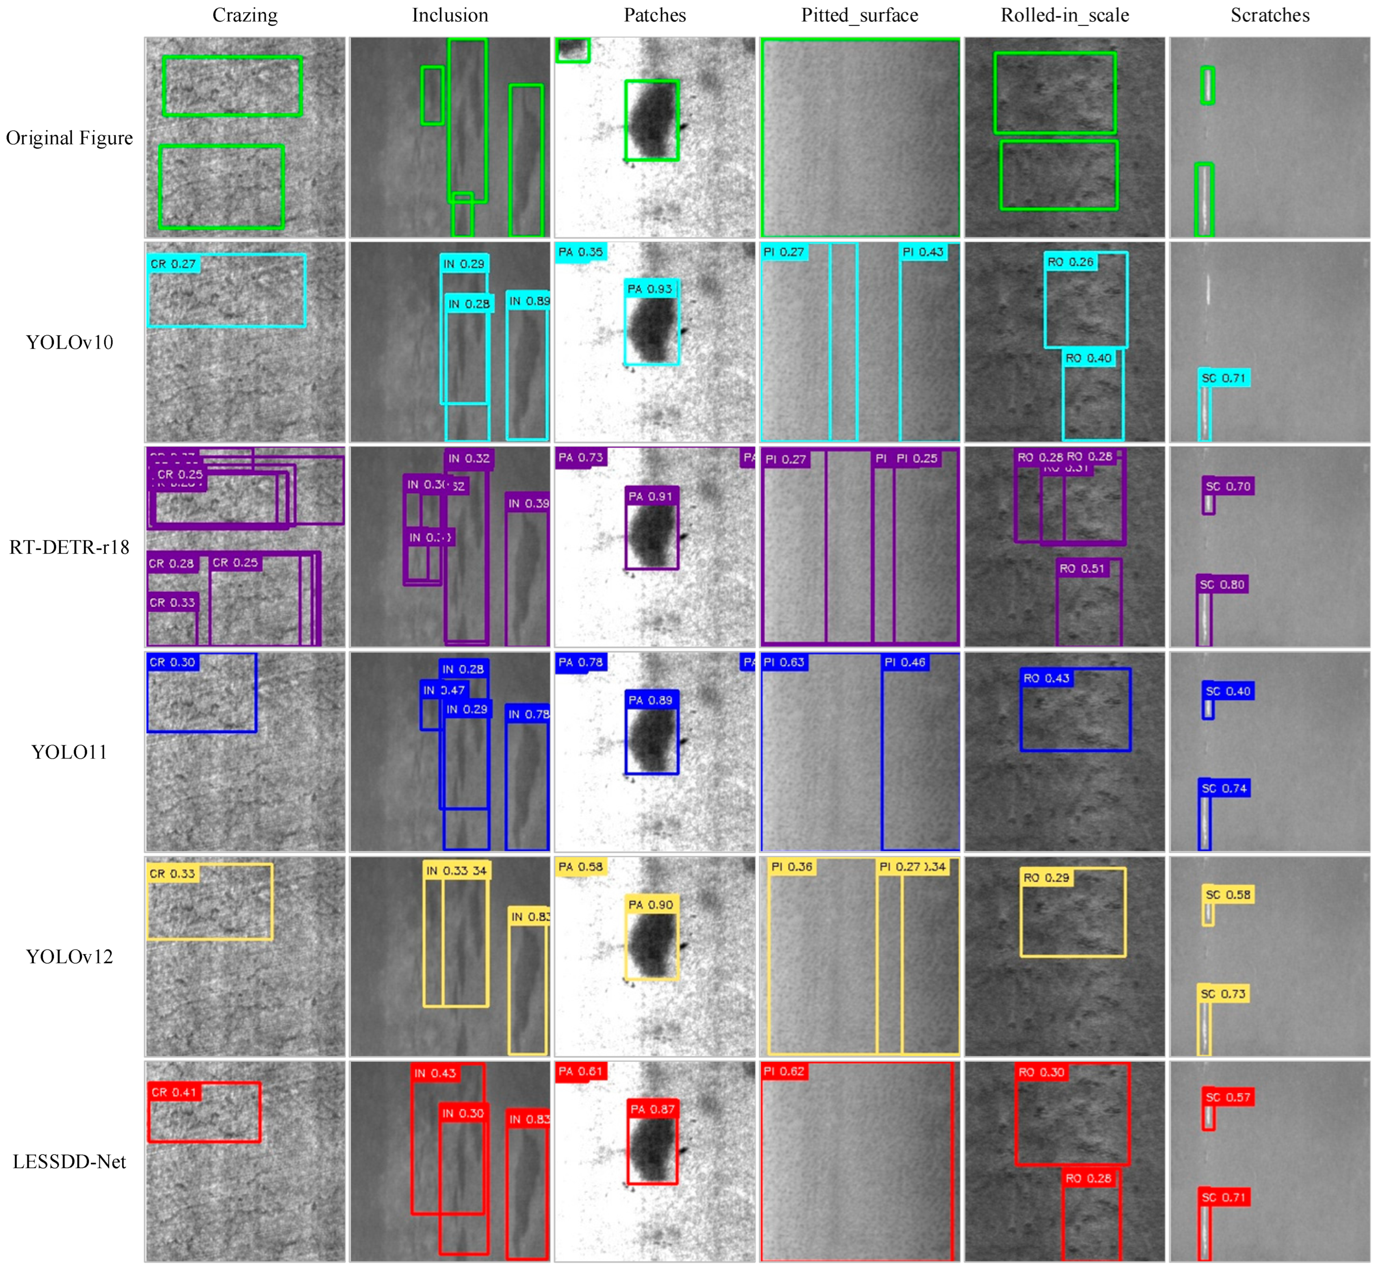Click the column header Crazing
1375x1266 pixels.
[x=245, y=15]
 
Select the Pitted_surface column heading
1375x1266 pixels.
[x=859, y=15]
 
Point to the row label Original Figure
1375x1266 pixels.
[x=69, y=138]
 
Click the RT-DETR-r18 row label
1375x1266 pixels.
[x=69, y=547]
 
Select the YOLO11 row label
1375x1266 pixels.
[x=69, y=752]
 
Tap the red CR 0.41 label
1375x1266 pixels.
[x=174, y=1092]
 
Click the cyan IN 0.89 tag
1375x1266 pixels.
[x=529, y=301]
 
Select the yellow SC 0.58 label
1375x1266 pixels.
[x=1228, y=895]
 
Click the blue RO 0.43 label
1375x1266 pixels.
[x=1046, y=678]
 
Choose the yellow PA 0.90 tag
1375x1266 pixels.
[x=651, y=905]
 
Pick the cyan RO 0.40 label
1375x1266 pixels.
[x=1088, y=358]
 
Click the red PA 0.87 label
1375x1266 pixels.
[x=652, y=1109]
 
